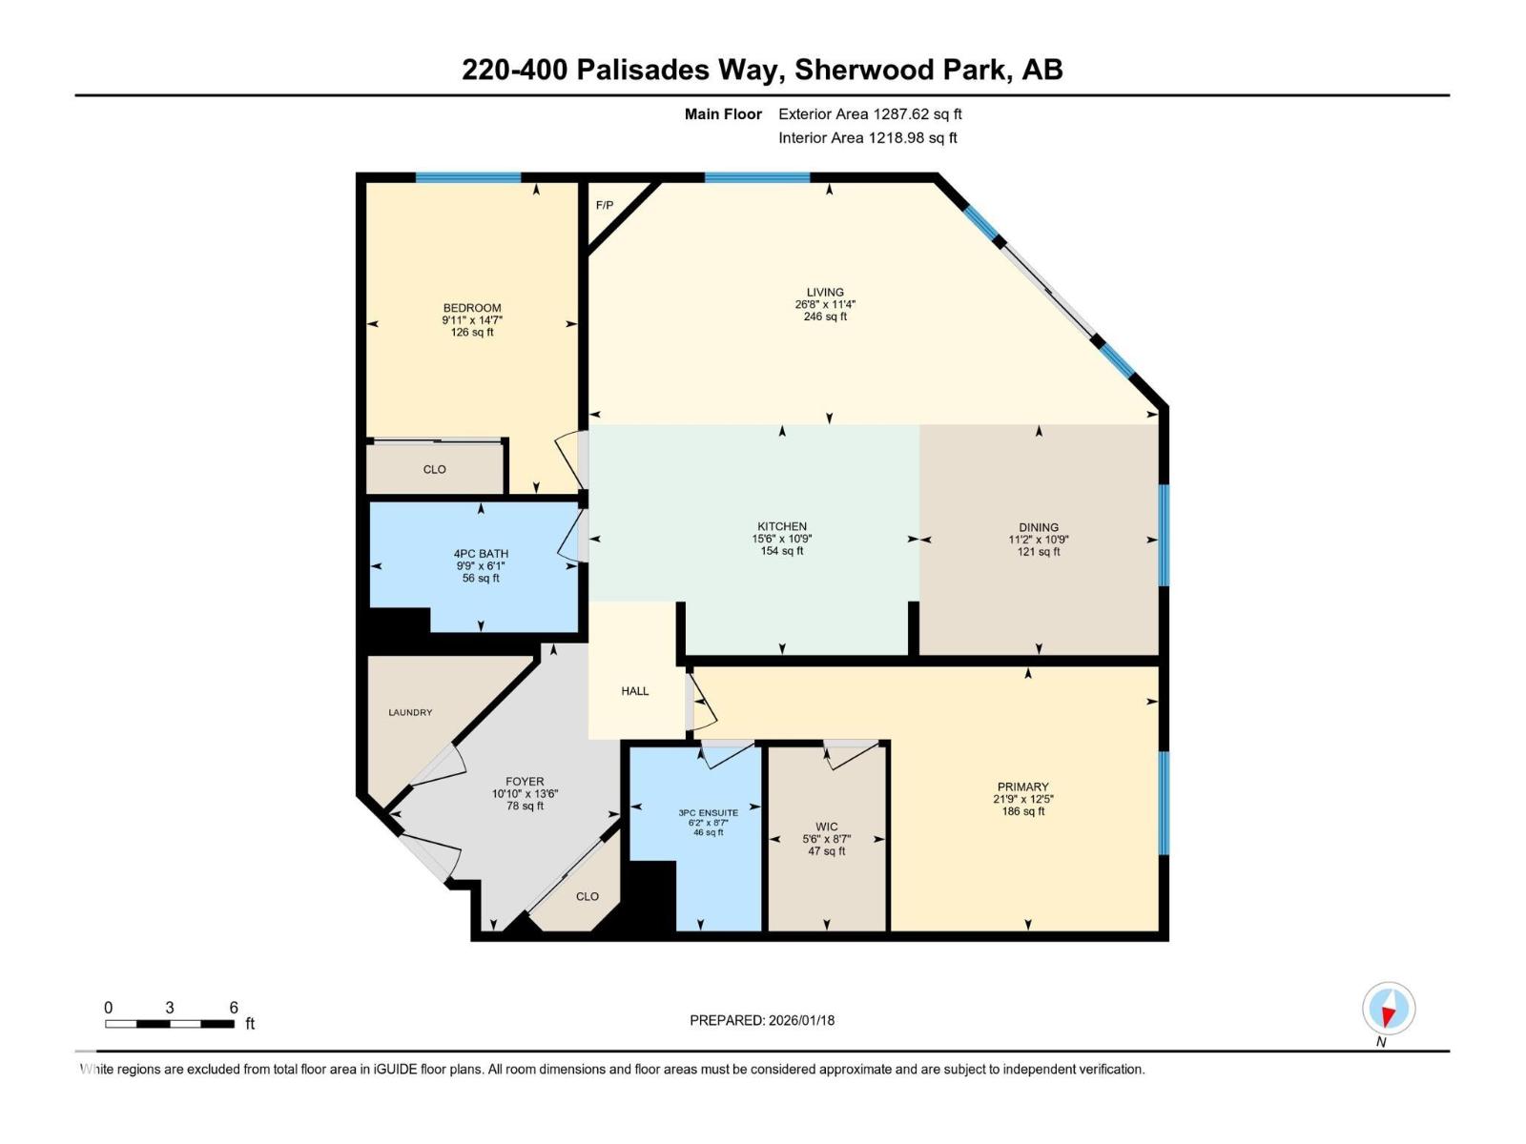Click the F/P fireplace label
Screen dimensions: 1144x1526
[x=605, y=206]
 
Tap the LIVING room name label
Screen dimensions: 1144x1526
[x=825, y=293]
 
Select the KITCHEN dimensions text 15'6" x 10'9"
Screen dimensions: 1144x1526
[x=782, y=539]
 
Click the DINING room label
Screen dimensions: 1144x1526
[x=1039, y=527]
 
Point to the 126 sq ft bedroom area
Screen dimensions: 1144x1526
[x=472, y=333]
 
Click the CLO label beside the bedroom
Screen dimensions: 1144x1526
[x=435, y=469]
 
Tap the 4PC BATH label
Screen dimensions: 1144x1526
[x=481, y=554]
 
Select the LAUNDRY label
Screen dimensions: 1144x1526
[x=410, y=712]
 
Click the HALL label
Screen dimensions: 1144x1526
[x=635, y=691]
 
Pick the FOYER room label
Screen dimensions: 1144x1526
[x=525, y=781]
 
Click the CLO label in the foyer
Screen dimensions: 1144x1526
[x=588, y=896]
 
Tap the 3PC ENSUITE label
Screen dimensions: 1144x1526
[x=709, y=813]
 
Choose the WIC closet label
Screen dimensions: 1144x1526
[x=827, y=827]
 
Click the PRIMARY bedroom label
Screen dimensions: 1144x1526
[x=1023, y=787]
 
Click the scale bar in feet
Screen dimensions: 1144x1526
[x=170, y=1024]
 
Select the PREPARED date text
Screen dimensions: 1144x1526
[x=762, y=1020]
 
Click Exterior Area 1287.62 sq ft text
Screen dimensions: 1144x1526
[x=870, y=114]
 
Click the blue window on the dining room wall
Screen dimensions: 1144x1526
[x=1164, y=535]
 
